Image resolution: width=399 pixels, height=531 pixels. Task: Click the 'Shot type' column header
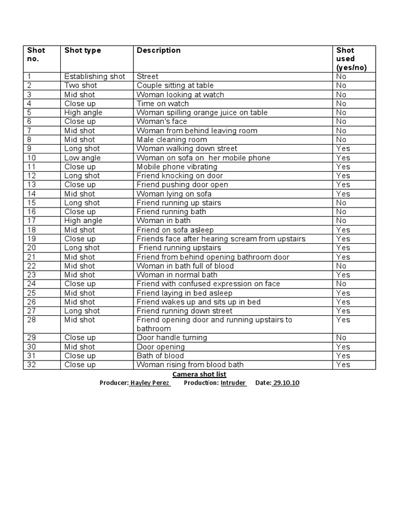pos(83,50)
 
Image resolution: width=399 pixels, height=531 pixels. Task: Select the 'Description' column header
pos(158,50)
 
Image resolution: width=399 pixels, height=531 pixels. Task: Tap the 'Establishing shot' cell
pos(95,76)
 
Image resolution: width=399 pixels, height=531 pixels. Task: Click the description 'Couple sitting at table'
pos(175,86)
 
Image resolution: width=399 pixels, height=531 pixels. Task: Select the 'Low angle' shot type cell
pos(83,158)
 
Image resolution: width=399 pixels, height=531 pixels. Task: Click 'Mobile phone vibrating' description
pos(177,167)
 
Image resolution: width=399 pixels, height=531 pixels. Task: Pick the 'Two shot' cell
pos(81,86)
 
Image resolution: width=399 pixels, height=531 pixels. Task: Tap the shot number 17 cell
pos(32,221)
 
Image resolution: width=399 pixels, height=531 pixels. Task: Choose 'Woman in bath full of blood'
pos(185,266)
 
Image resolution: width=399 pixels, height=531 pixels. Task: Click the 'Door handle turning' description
pos(171,338)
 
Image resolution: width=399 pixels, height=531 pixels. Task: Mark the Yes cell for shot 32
pos(343,365)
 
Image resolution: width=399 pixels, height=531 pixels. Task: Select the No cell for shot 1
pos(341,76)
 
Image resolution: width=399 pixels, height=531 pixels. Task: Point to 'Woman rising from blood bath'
pos(190,365)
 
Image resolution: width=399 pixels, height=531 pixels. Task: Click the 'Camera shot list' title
pos(199,374)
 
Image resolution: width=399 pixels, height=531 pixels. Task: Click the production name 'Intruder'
pos(233,383)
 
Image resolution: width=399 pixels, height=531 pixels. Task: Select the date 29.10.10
pos(286,383)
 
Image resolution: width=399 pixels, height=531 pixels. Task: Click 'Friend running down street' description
pos(184,311)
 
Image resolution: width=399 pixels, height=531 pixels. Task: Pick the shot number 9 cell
pos(30,149)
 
